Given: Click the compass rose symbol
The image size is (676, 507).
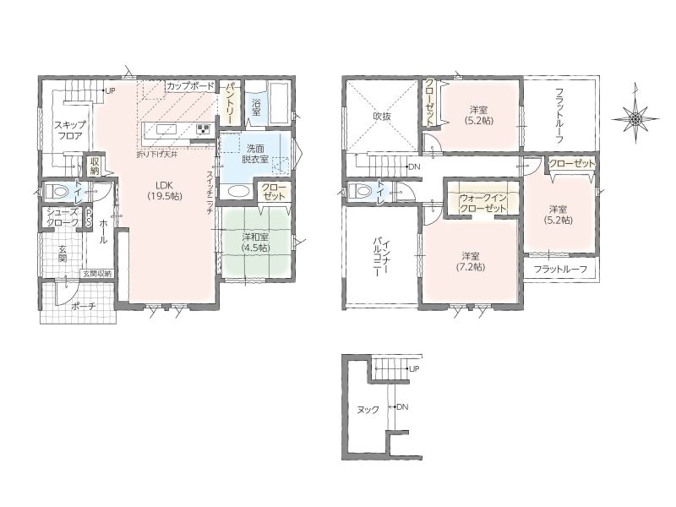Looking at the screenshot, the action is pos(635,117).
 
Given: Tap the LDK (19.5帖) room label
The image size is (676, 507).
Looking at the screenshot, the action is pos(164,190).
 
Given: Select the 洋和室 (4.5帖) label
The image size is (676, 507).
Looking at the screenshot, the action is pos(256,243).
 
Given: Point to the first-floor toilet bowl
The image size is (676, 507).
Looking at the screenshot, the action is pos(56,189).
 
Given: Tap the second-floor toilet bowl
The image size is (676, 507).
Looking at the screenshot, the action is pos(361,190).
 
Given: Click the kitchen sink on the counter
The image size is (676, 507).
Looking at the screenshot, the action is pos(166,130).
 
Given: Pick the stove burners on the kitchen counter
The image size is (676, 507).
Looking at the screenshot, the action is pos(204,129).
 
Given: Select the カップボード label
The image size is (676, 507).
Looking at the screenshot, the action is pos(190,86).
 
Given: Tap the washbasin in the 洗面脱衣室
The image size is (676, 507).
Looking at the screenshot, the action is pos(237,192).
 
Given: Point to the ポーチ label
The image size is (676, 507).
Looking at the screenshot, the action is pos(83,307).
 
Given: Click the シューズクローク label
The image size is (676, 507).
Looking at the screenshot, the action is pos(63,217).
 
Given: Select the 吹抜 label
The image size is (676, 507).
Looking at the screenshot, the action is pos(382,116).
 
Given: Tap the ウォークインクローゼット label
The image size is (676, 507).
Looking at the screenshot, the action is pos(482,203).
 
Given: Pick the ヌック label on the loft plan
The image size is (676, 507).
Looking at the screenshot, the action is pos(368,410).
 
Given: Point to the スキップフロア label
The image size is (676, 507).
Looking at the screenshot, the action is pos(69,130).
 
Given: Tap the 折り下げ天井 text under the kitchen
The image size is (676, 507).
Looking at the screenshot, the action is pos(156,154).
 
